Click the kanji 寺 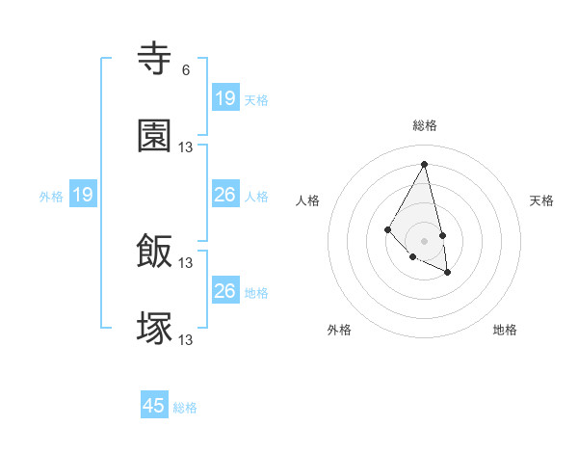(155, 60)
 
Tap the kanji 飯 (155, 252)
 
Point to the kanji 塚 (155, 328)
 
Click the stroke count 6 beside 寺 (185, 70)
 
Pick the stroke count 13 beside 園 (186, 147)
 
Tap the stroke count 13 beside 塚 (186, 339)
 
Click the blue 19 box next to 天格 (224, 98)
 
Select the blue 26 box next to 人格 (224, 195)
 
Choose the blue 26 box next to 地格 (224, 291)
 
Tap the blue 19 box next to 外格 (83, 195)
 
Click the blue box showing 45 (154, 406)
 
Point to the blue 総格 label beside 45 (185, 408)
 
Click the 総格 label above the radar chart (424, 125)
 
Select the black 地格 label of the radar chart (505, 330)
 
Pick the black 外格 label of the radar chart (339, 330)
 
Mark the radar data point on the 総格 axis (424, 164)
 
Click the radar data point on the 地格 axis (448, 273)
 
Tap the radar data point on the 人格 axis (387, 228)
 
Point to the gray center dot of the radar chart (424, 240)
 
